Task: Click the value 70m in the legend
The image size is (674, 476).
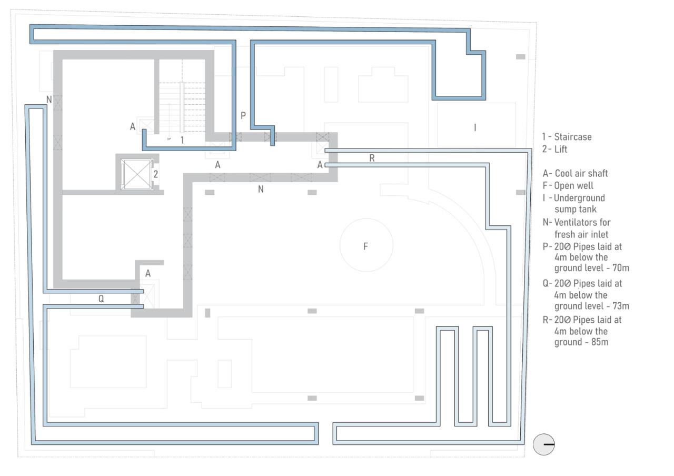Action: coord(620,268)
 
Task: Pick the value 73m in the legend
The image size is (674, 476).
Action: coord(620,306)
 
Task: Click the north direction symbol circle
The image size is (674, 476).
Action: coord(544,445)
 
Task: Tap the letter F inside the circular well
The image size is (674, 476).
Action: coord(365,246)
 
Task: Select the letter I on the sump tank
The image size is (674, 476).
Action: coord(475,127)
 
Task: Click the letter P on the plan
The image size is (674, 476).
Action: coord(243,115)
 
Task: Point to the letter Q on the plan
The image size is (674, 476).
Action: coord(101,299)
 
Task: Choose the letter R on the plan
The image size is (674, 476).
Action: coord(372,157)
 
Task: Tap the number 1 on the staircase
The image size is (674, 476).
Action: coord(182,140)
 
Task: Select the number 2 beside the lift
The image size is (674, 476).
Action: coord(155,174)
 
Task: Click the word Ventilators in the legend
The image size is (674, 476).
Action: coord(576,222)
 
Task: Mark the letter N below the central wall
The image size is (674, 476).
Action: coord(261,190)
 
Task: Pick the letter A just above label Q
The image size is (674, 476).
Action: coord(148,273)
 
